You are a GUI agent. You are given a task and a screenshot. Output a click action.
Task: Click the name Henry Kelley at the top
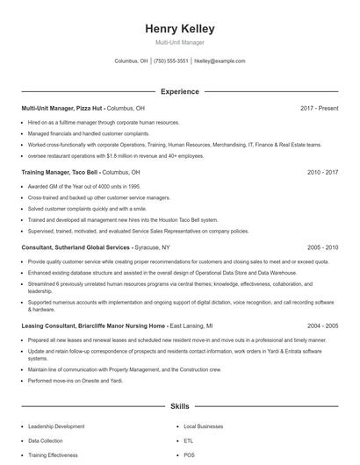click(x=180, y=29)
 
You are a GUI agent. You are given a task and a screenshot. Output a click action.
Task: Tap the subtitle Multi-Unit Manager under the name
click(x=180, y=42)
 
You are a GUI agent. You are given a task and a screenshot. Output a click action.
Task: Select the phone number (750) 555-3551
click(x=171, y=61)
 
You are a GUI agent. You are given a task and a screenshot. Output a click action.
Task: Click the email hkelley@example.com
click(x=220, y=61)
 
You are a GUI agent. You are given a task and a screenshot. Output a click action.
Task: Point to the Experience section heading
click(x=180, y=91)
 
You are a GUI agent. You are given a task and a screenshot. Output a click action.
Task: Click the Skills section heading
click(x=180, y=407)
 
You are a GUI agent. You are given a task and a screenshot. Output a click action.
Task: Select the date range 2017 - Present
click(x=320, y=108)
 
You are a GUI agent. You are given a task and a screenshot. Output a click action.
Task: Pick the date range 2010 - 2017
click(x=323, y=173)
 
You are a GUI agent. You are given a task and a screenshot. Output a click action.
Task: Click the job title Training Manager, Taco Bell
click(x=61, y=173)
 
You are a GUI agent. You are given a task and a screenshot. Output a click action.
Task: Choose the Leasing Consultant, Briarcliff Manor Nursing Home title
click(x=81, y=325)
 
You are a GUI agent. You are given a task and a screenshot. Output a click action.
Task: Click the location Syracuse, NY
click(x=153, y=247)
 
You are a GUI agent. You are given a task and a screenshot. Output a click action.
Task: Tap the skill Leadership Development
click(x=56, y=426)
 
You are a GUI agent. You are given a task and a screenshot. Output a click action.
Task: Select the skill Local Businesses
click(x=203, y=426)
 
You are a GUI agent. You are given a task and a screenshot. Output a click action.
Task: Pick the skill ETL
click(x=188, y=440)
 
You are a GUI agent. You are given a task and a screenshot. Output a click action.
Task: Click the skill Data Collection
click(x=46, y=440)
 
